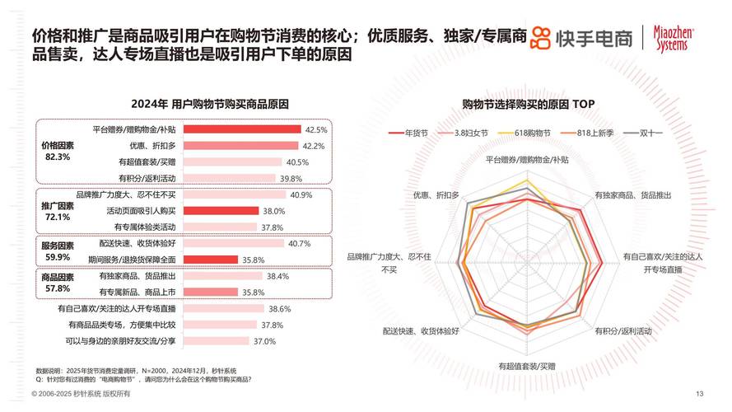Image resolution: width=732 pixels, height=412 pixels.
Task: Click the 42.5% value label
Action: (x=316, y=130)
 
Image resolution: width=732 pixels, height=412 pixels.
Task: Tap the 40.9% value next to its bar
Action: (x=300, y=195)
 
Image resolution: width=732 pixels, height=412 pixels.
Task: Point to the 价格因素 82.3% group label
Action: (x=58, y=151)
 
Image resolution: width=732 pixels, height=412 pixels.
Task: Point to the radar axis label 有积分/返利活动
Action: (x=622, y=330)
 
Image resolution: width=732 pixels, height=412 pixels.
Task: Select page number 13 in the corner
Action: (x=700, y=392)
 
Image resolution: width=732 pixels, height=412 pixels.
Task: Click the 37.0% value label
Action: (x=264, y=341)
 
